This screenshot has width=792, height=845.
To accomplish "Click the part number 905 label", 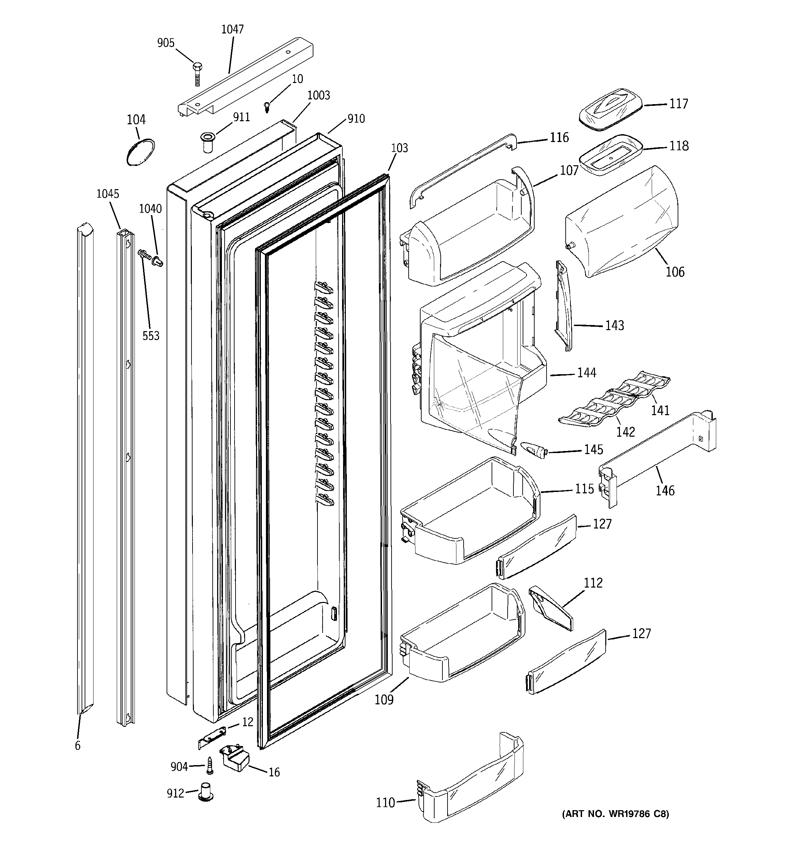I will tap(166, 43).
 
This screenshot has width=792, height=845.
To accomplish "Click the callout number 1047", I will tap(232, 29).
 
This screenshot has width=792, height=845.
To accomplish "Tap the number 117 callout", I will tap(679, 104).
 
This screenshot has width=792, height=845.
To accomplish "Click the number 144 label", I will tap(587, 373).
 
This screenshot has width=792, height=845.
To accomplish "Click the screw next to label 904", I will tap(209, 766).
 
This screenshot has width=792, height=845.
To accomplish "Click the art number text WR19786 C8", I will tap(615, 814).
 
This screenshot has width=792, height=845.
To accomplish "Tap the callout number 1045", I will tap(108, 194).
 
